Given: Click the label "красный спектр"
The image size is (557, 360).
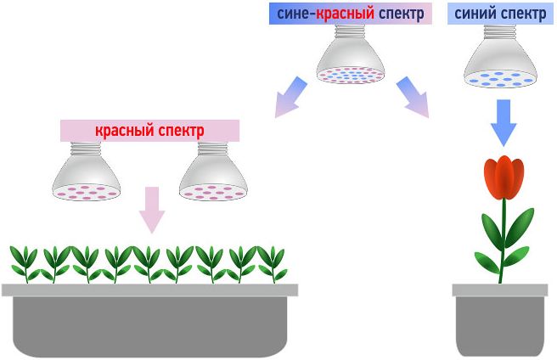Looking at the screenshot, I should pyautogui.click(x=149, y=130).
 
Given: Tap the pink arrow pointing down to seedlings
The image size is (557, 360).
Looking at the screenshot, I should pyautogui.click(x=151, y=210).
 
